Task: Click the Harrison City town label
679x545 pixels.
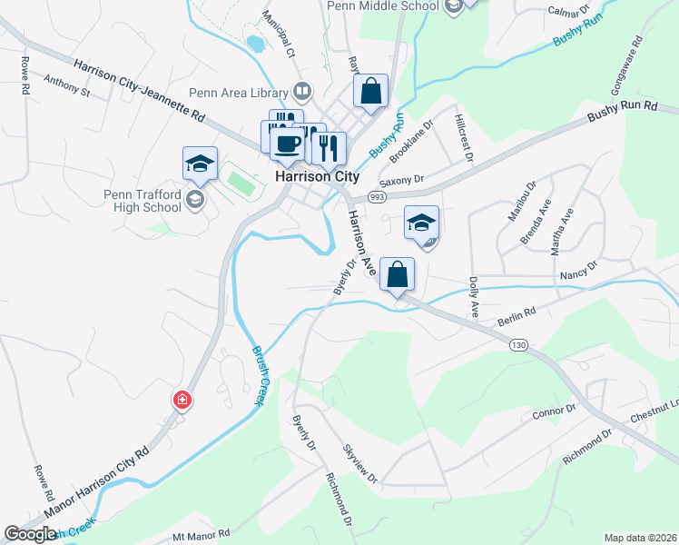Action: click(x=316, y=176)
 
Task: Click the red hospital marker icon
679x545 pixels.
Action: click(x=182, y=400)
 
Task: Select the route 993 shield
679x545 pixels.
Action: click(x=377, y=196)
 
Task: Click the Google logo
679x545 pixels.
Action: click(x=31, y=534)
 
